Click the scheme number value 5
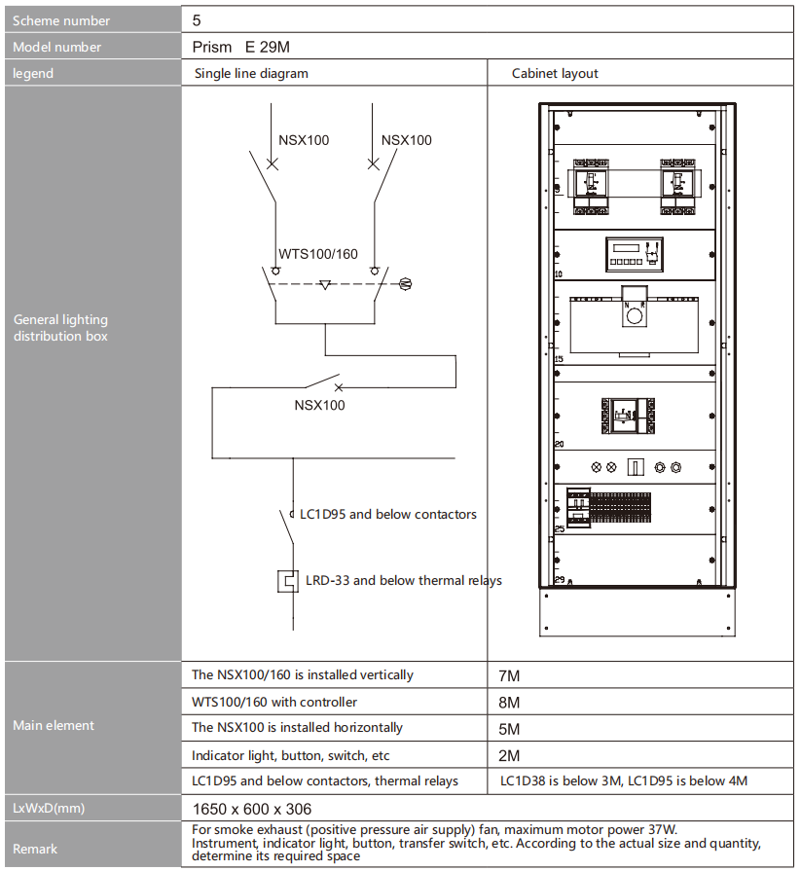pos(197,20)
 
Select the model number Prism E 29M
pos(241,48)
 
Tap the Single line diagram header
pos(251,73)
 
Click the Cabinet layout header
pos(555,73)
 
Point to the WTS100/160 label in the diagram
pos(318,254)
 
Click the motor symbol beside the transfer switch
pos(406,284)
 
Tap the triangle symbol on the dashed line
pos(325,285)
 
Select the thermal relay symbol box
pos(288,582)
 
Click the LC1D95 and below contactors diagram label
pos(388,515)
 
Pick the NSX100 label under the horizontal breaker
pos(319,405)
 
